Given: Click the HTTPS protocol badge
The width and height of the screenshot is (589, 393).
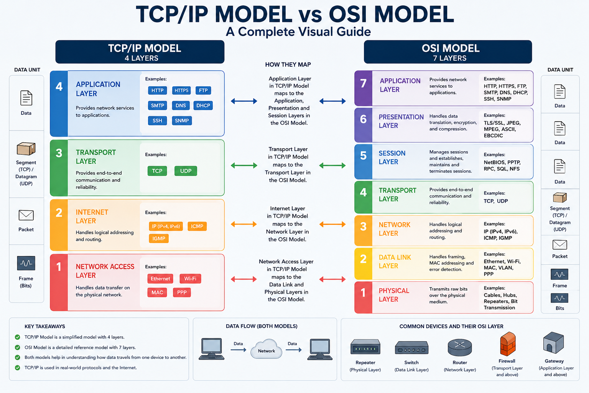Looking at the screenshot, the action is pos(181,90).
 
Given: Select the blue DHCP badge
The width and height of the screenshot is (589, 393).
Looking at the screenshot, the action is pos(203,106).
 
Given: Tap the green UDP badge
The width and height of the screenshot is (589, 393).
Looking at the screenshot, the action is pos(186,171).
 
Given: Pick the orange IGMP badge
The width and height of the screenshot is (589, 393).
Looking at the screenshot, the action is pos(159,238).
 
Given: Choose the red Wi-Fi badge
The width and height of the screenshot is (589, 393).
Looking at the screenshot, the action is pos(190,279).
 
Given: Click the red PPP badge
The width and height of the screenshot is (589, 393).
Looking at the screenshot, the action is pos(182,292).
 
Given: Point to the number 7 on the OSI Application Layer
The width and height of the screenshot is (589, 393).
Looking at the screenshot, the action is pos(364,83).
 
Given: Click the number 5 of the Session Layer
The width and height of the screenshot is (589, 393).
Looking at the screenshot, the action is pos(364,155).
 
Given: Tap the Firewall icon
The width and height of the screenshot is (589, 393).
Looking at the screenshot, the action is pos(507,343).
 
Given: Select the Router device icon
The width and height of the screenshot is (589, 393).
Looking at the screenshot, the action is pos(460,347).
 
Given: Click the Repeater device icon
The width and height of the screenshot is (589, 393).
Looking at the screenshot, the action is pos(365,347).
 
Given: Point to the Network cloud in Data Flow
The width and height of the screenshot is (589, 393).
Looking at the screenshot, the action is pos(267,349).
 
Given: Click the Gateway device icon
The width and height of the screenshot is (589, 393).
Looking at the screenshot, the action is pos(553,343).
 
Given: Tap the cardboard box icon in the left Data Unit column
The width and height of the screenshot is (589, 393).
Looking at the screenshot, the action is pos(26,149).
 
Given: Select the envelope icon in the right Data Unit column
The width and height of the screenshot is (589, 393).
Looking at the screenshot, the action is pos(559,245).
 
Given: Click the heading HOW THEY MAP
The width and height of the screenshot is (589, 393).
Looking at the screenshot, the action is pos(288,65).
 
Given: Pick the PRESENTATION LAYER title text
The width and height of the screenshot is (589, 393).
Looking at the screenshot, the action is pos(401,121).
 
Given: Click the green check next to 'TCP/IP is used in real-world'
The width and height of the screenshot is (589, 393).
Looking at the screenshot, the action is pos(18,368).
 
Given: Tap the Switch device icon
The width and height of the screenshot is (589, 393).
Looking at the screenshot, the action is pos(411,348).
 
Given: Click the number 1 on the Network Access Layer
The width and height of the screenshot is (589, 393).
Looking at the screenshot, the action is pos(59,267).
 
